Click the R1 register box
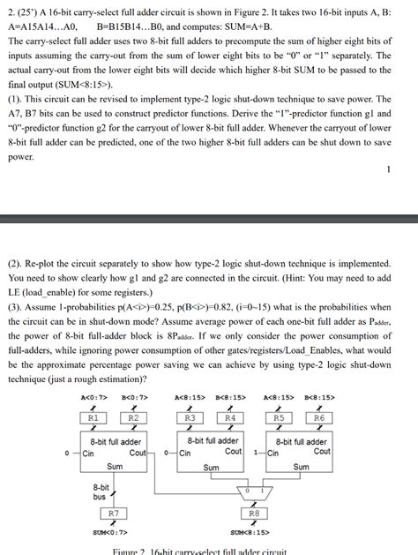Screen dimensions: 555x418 (93, 417)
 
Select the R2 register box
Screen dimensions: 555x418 (133, 417)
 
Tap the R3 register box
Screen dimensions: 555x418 (190, 417)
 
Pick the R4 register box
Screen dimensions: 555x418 (229, 417)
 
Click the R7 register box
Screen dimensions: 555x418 (114, 513)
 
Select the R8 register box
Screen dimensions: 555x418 (253, 513)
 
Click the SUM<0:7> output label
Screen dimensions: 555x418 (110, 532)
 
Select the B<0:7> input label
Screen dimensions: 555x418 (134, 397)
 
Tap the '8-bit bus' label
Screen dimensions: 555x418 (101, 491)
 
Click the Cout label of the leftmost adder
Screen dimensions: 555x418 (138, 453)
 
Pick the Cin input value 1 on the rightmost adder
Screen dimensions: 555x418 (256, 454)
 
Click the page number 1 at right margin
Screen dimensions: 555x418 (388, 169)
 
